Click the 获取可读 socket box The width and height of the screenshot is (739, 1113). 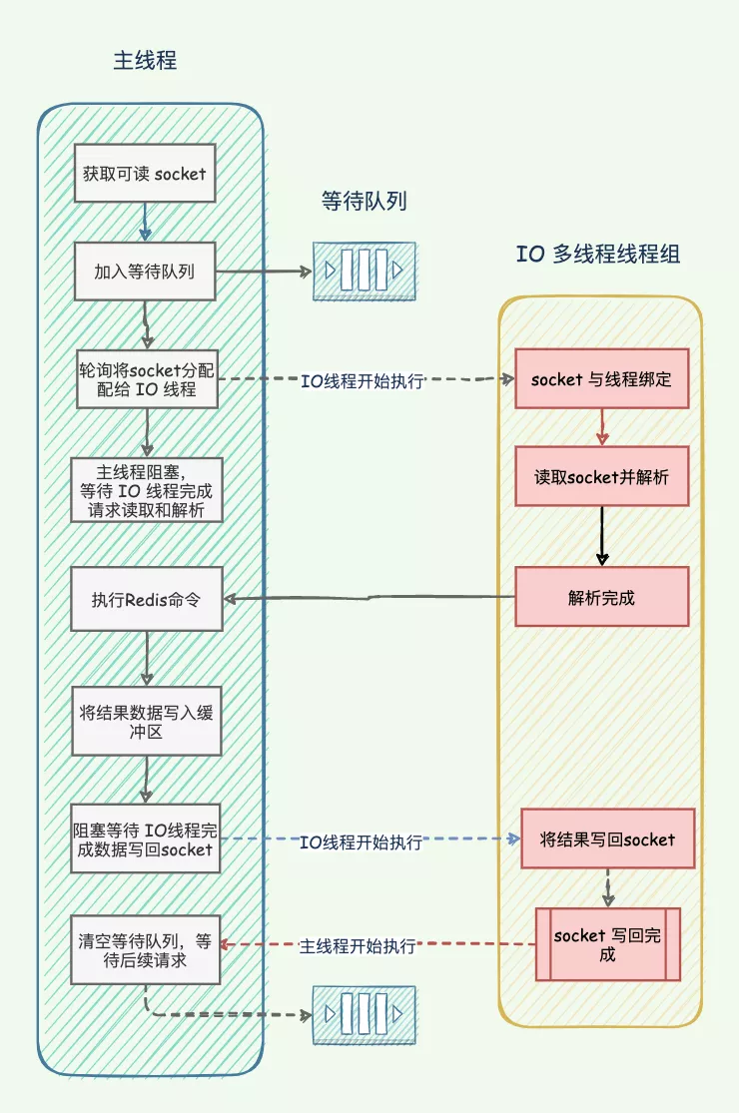click(x=145, y=174)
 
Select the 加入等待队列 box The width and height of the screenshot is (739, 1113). click(x=145, y=272)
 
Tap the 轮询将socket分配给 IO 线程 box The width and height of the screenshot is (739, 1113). click(x=147, y=379)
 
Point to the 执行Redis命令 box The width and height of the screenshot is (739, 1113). click(x=147, y=599)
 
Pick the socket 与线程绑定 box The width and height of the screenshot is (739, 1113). click(x=602, y=378)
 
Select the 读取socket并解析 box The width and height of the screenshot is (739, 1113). click(x=602, y=476)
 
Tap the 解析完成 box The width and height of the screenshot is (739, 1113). click(x=602, y=597)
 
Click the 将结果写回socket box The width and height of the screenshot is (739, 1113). click(x=606, y=838)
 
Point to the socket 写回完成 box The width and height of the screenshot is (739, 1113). click(x=607, y=944)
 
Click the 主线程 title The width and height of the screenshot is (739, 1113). click(x=145, y=60)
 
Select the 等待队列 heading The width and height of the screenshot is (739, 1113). click(x=364, y=201)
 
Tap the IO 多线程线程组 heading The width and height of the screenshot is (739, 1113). click(x=598, y=254)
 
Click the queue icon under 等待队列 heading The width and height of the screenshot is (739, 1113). click(x=364, y=271)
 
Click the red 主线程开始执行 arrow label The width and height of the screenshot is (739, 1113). click(x=358, y=945)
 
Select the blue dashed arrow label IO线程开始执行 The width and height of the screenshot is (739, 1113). click(x=361, y=841)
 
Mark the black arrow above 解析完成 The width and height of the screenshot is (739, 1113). click(x=601, y=537)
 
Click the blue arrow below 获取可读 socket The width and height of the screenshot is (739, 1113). click(x=146, y=221)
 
